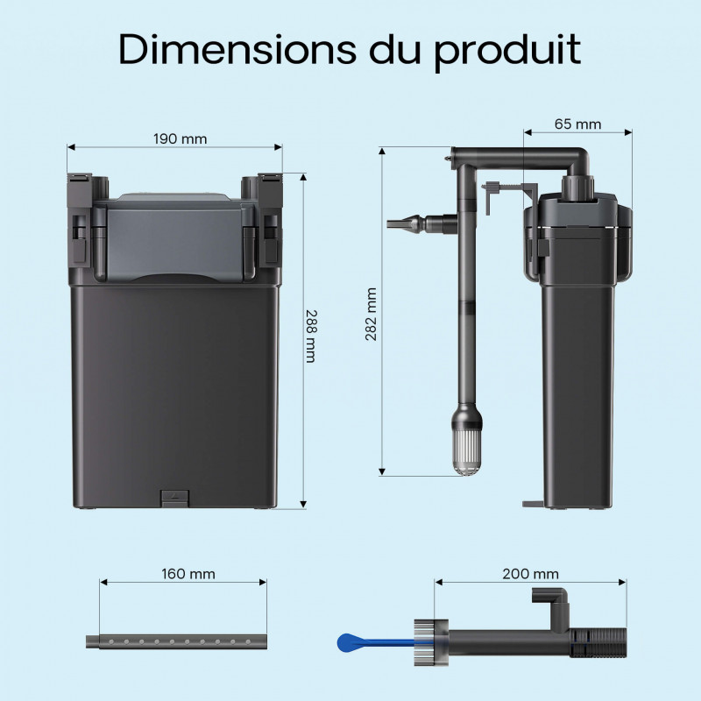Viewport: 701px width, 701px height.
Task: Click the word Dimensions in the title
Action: [x=237, y=49]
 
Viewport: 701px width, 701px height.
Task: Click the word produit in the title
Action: [x=507, y=53]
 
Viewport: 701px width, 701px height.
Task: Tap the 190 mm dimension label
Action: [x=181, y=139]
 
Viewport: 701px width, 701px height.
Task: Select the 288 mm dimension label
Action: [x=310, y=336]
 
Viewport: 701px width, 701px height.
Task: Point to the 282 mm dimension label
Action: [x=371, y=315]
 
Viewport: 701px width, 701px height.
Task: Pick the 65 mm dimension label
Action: [x=577, y=124]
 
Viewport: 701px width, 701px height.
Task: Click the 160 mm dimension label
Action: [x=188, y=574]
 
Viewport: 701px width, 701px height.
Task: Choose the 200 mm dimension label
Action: [x=530, y=574]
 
